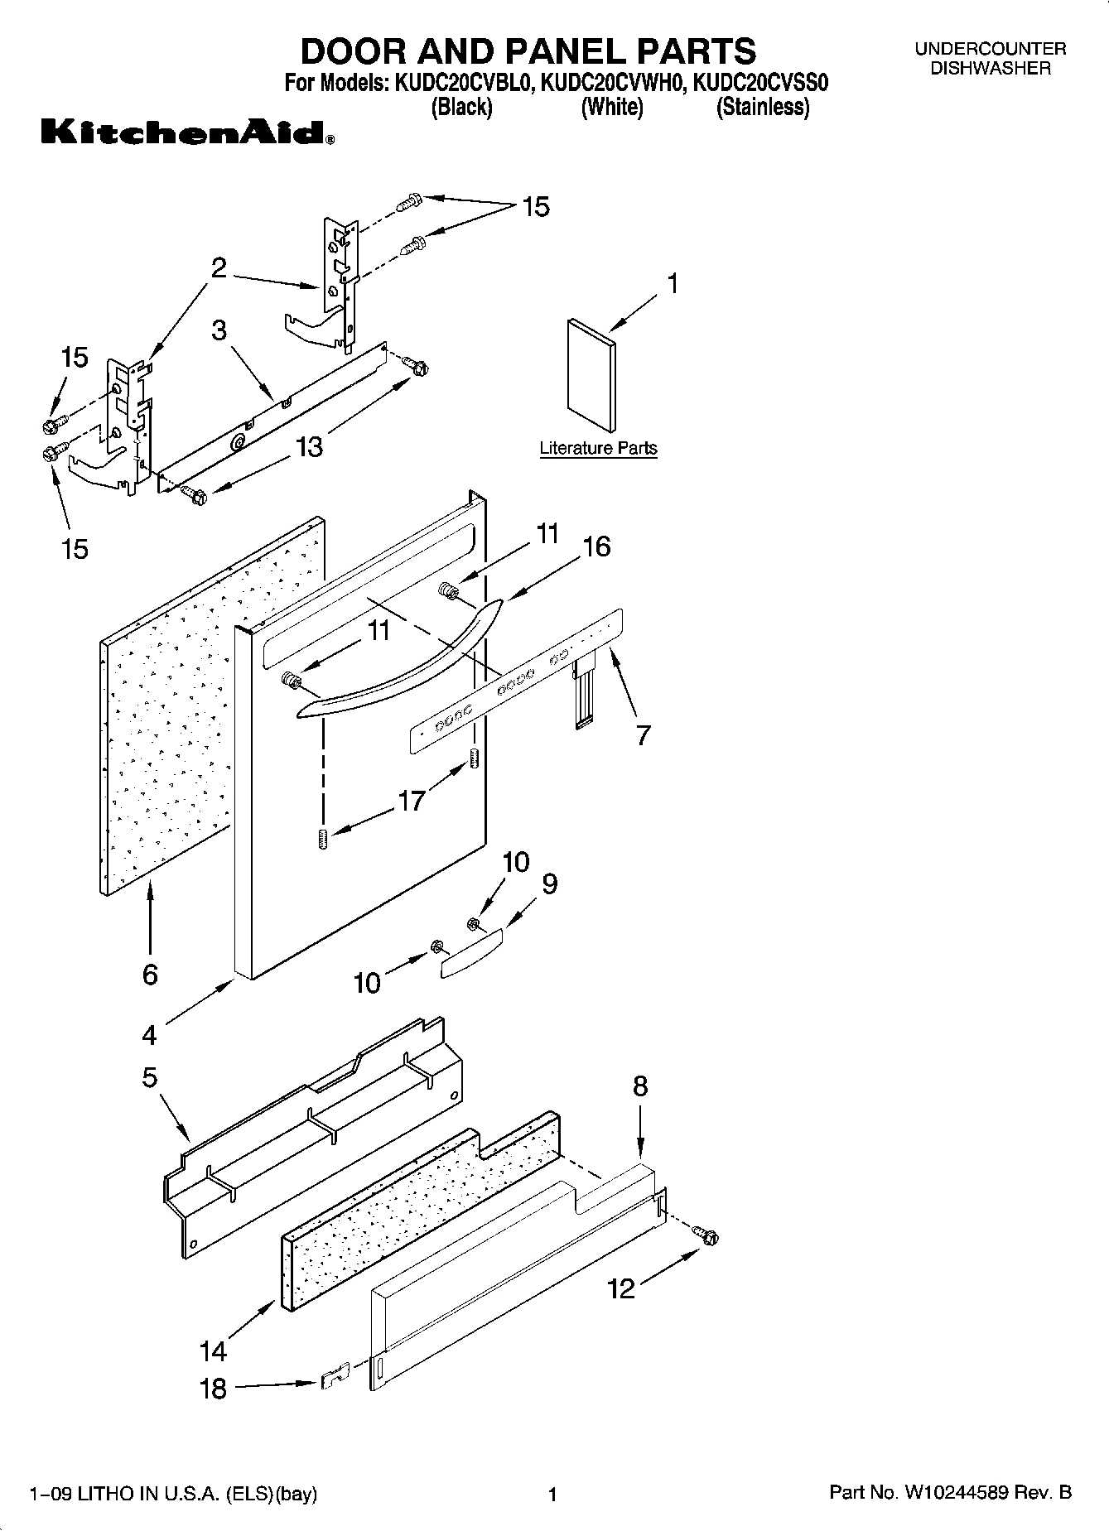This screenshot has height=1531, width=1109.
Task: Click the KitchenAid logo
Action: click(187, 132)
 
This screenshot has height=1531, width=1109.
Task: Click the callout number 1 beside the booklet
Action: click(673, 284)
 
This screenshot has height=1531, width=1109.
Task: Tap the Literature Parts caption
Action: click(598, 448)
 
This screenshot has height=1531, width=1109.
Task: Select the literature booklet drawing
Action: click(591, 374)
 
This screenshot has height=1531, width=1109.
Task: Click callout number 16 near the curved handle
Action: click(596, 546)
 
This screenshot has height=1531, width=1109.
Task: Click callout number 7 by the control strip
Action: click(644, 734)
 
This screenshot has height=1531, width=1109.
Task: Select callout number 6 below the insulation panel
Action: click(150, 975)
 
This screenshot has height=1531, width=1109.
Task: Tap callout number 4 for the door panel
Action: click(149, 1035)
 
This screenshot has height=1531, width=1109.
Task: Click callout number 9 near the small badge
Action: click(550, 883)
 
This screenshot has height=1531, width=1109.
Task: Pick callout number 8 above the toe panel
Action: click(640, 1086)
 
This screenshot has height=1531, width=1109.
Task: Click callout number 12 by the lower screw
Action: click(621, 1288)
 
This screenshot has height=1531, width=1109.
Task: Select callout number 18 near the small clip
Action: click(214, 1389)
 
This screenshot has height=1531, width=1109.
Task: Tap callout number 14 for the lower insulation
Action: click(213, 1351)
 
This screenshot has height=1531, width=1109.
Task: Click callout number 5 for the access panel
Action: click(150, 1077)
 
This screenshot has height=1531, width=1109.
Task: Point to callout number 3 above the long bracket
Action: click(219, 330)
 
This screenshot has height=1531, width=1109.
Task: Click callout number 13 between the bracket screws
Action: click(309, 447)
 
